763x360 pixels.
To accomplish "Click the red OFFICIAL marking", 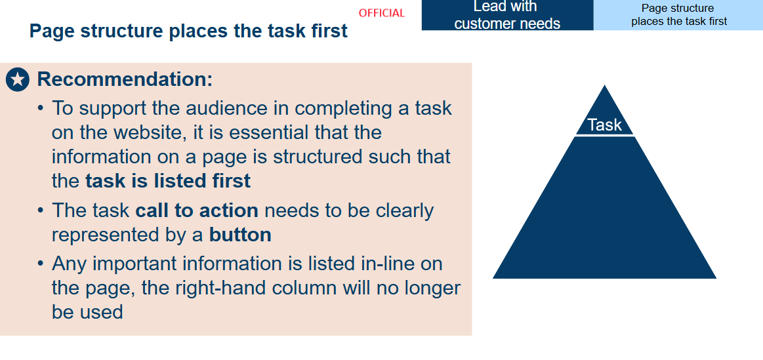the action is click(382, 13).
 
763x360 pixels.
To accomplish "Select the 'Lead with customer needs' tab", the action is click(507, 15).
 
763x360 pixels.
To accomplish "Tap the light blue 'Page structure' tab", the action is click(678, 15).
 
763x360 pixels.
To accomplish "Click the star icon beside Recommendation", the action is click(18, 80).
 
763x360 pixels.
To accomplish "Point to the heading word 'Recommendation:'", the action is click(125, 79).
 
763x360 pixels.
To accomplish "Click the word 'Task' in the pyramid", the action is click(604, 125).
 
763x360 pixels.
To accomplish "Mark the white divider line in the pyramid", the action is click(604, 136).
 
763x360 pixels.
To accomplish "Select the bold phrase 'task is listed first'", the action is click(168, 181).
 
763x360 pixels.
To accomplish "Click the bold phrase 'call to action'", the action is click(197, 210).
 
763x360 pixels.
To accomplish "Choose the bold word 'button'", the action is click(240, 235).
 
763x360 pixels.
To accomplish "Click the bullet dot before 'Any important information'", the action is click(41, 264).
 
